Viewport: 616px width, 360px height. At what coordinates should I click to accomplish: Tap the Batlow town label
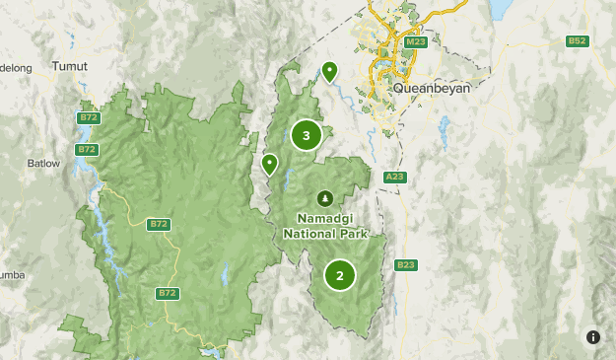43,163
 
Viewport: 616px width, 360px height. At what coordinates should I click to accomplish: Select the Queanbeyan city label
431,87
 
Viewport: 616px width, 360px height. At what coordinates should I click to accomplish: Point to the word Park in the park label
351,234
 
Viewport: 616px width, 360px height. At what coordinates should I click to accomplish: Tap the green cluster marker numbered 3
307,135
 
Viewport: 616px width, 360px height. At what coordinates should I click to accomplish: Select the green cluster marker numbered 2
340,275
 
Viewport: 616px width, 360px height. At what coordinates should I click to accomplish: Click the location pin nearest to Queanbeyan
329,70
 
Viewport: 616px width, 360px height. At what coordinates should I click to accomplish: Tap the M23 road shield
414,43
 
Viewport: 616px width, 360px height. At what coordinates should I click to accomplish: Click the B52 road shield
577,40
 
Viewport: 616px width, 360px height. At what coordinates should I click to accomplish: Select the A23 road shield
394,177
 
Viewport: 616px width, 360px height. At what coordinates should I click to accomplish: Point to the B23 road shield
404,264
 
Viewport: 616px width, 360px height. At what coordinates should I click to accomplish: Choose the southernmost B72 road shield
168,293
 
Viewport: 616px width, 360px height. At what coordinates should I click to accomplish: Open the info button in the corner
592,336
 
